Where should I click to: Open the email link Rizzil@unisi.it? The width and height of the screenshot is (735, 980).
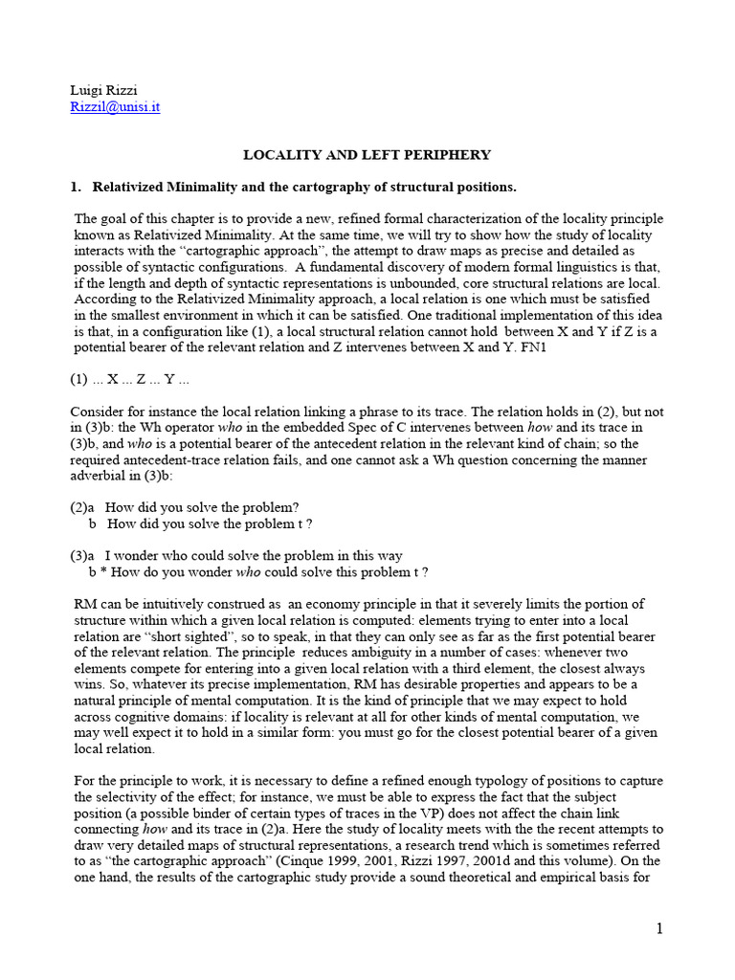coord(115,107)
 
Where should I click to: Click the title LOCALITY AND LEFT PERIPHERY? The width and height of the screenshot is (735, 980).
coord(367,154)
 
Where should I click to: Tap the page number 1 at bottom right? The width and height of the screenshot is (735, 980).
coord(659,927)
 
